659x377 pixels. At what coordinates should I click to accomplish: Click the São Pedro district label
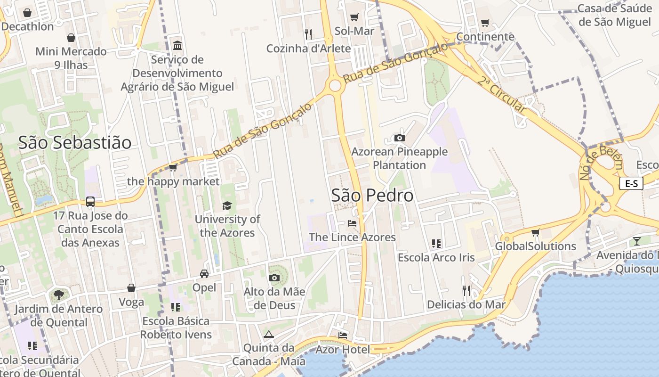pos(372,196)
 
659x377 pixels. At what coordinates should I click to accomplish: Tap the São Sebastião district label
pos(75,142)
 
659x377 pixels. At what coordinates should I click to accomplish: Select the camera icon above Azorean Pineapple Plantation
pos(399,138)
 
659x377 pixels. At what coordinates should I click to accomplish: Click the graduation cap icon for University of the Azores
pos(227,205)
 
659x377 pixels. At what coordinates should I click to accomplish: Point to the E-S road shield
pos(631,183)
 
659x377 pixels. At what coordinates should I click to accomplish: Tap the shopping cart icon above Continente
pos(485,23)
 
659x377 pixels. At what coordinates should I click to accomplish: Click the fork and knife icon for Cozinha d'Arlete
pos(308,34)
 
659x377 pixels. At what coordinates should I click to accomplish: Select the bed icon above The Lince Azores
pos(352,223)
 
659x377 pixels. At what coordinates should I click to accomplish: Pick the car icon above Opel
pos(204,273)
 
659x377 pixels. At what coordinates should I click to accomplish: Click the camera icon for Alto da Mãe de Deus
pos(274,278)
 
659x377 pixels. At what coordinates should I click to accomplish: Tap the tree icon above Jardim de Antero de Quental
pos(58,295)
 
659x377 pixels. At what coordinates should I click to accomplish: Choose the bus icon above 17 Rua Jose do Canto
pos(90,202)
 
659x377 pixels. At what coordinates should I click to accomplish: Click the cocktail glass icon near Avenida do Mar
pos(636,241)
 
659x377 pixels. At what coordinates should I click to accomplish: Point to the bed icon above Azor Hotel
pos(343,335)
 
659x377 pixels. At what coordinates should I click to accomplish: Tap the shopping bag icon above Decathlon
pos(27,13)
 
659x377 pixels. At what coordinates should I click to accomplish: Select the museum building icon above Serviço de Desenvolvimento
pos(177,46)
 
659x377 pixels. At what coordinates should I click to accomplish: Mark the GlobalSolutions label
pos(535,246)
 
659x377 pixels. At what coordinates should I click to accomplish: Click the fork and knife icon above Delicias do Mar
pos(466,290)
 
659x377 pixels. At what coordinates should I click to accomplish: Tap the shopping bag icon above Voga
pos(131,288)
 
